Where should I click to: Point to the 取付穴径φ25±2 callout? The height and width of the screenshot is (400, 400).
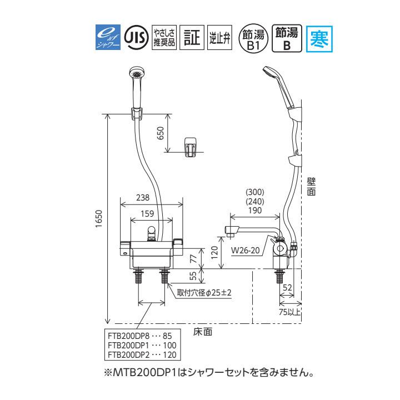(204, 291)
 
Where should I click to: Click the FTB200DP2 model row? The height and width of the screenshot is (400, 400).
(142, 354)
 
